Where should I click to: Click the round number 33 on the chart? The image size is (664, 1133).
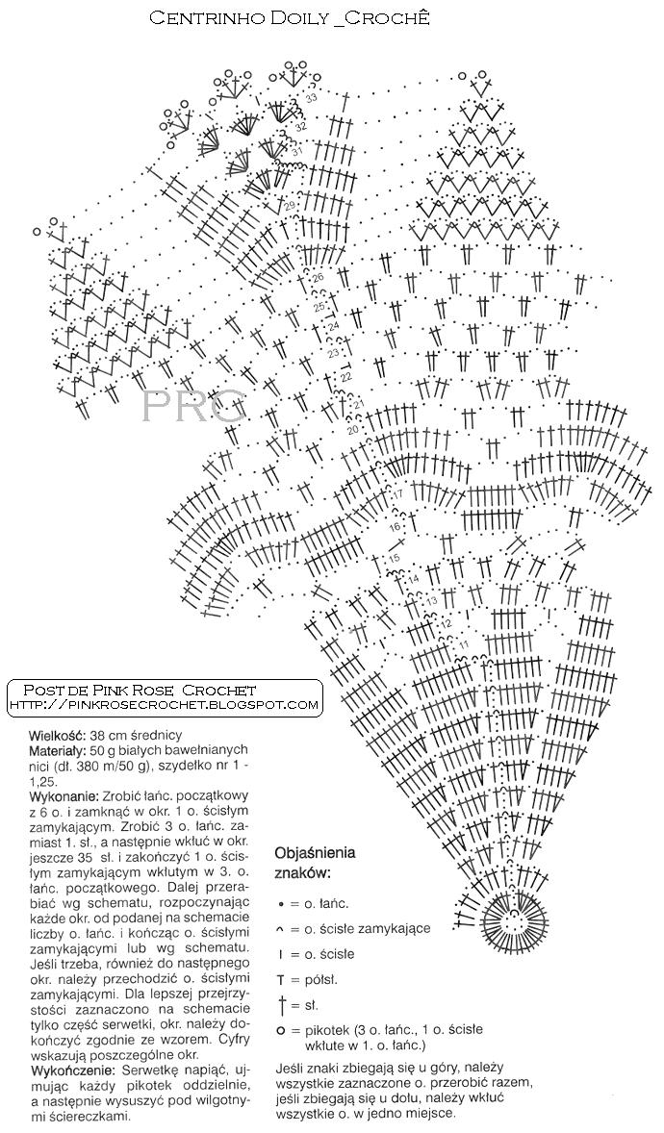click(x=311, y=99)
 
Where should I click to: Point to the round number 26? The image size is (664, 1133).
click(x=319, y=278)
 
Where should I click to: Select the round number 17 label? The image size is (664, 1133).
click(x=397, y=494)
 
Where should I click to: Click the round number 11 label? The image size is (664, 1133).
click(x=464, y=643)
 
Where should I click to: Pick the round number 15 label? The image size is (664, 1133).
click(x=394, y=559)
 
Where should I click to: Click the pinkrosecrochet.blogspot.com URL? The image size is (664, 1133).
click(x=164, y=705)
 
